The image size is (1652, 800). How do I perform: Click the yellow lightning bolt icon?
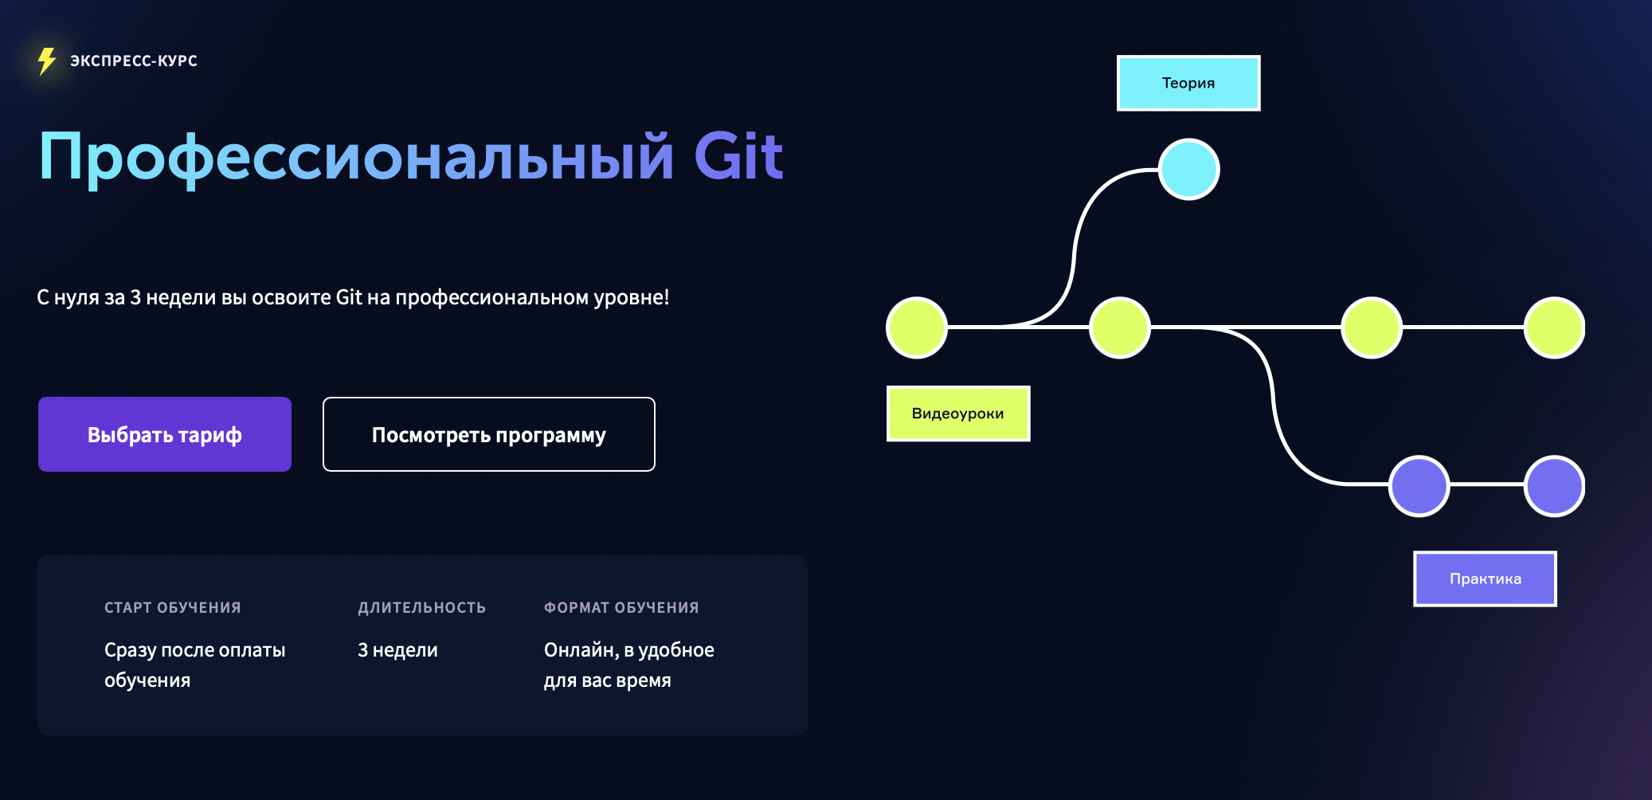point(47,61)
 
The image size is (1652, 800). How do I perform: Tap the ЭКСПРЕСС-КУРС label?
point(134,61)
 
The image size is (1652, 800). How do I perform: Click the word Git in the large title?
point(738,156)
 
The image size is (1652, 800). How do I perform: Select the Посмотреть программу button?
point(489,434)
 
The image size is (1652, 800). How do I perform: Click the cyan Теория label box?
point(1188,83)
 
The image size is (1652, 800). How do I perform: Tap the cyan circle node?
point(1189,169)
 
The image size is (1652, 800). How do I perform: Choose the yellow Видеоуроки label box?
point(958,414)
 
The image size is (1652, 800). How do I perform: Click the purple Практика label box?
point(1486,578)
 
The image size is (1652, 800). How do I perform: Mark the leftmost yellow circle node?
point(917,327)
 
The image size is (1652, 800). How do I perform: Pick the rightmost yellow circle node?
point(1555,327)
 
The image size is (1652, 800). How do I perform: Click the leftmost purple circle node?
point(1419,486)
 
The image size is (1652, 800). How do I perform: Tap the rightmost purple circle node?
point(1555,486)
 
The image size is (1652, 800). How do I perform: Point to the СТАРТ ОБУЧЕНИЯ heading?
point(173,607)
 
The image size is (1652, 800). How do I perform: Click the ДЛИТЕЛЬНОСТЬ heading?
point(421,607)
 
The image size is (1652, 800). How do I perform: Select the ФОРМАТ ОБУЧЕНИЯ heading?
point(621,607)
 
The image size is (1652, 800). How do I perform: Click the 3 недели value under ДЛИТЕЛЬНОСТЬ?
point(397,650)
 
